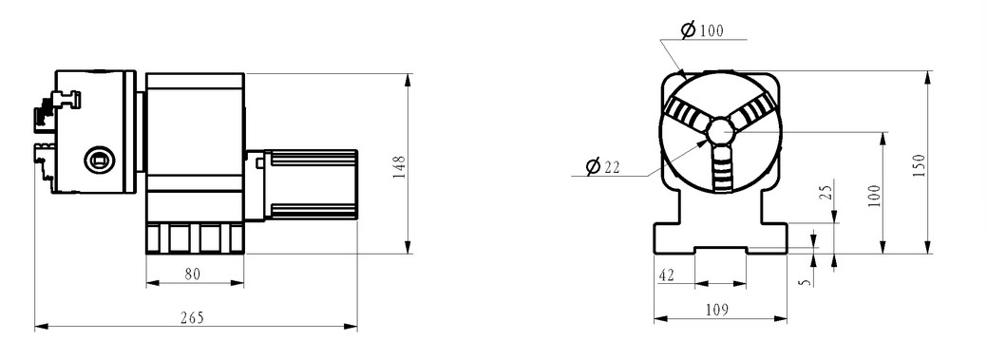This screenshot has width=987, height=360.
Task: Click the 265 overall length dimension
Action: [192, 318]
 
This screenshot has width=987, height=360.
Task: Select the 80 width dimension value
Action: [193, 275]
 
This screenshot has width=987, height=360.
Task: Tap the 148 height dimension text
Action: [399, 167]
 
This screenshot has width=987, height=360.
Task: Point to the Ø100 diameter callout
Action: [702, 29]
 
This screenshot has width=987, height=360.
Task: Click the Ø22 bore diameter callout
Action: [603, 167]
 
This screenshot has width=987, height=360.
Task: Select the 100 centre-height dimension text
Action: [874, 197]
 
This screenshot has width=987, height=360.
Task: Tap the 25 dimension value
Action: [827, 189]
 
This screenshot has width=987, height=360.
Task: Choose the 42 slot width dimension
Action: [665, 275]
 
